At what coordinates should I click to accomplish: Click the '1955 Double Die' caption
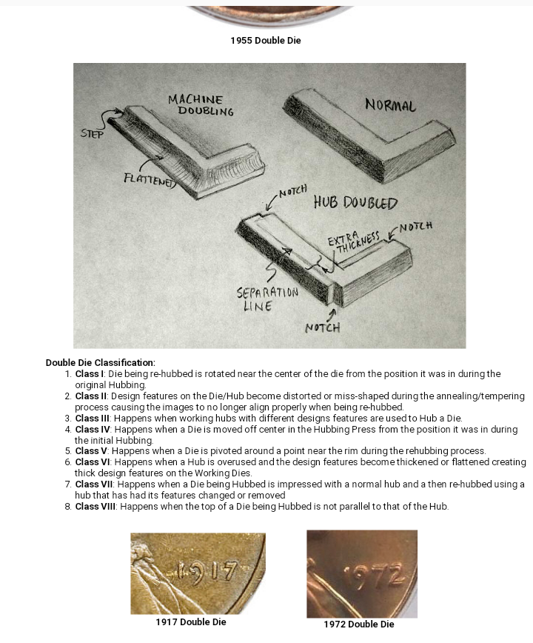click(266, 40)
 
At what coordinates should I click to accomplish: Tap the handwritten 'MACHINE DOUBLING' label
click(200, 105)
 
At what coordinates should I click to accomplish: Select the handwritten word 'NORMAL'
click(390, 105)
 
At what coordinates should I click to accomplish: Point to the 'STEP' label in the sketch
click(93, 134)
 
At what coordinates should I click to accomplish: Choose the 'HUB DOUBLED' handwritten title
click(355, 202)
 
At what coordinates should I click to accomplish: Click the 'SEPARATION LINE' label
click(266, 299)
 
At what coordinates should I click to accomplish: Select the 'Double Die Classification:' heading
click(101, 362)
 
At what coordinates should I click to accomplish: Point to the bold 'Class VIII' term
click(96, 506)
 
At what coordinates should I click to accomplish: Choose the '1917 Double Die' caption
click(191, 622)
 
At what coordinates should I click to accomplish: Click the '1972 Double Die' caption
click(359, 624)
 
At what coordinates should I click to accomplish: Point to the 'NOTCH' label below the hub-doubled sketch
click(323, 327)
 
